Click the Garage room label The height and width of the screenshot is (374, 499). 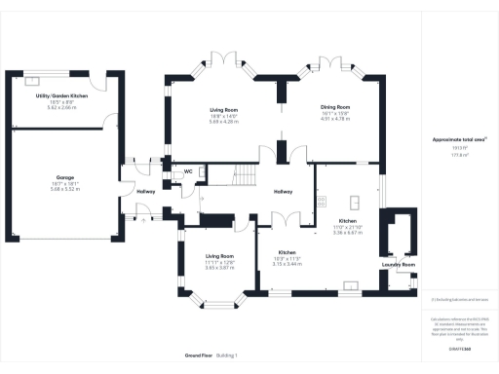tap(65, 177)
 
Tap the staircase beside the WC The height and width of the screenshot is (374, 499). tap(238, 174)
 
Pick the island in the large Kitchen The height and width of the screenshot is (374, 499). tap(356, 203)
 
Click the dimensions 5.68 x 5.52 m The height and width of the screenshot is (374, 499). tap(65, 189)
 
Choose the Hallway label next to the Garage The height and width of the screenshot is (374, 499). tap(145, 191)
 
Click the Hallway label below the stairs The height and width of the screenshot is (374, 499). tap(283, 191)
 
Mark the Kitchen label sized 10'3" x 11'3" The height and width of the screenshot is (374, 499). tap(286, 250)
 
